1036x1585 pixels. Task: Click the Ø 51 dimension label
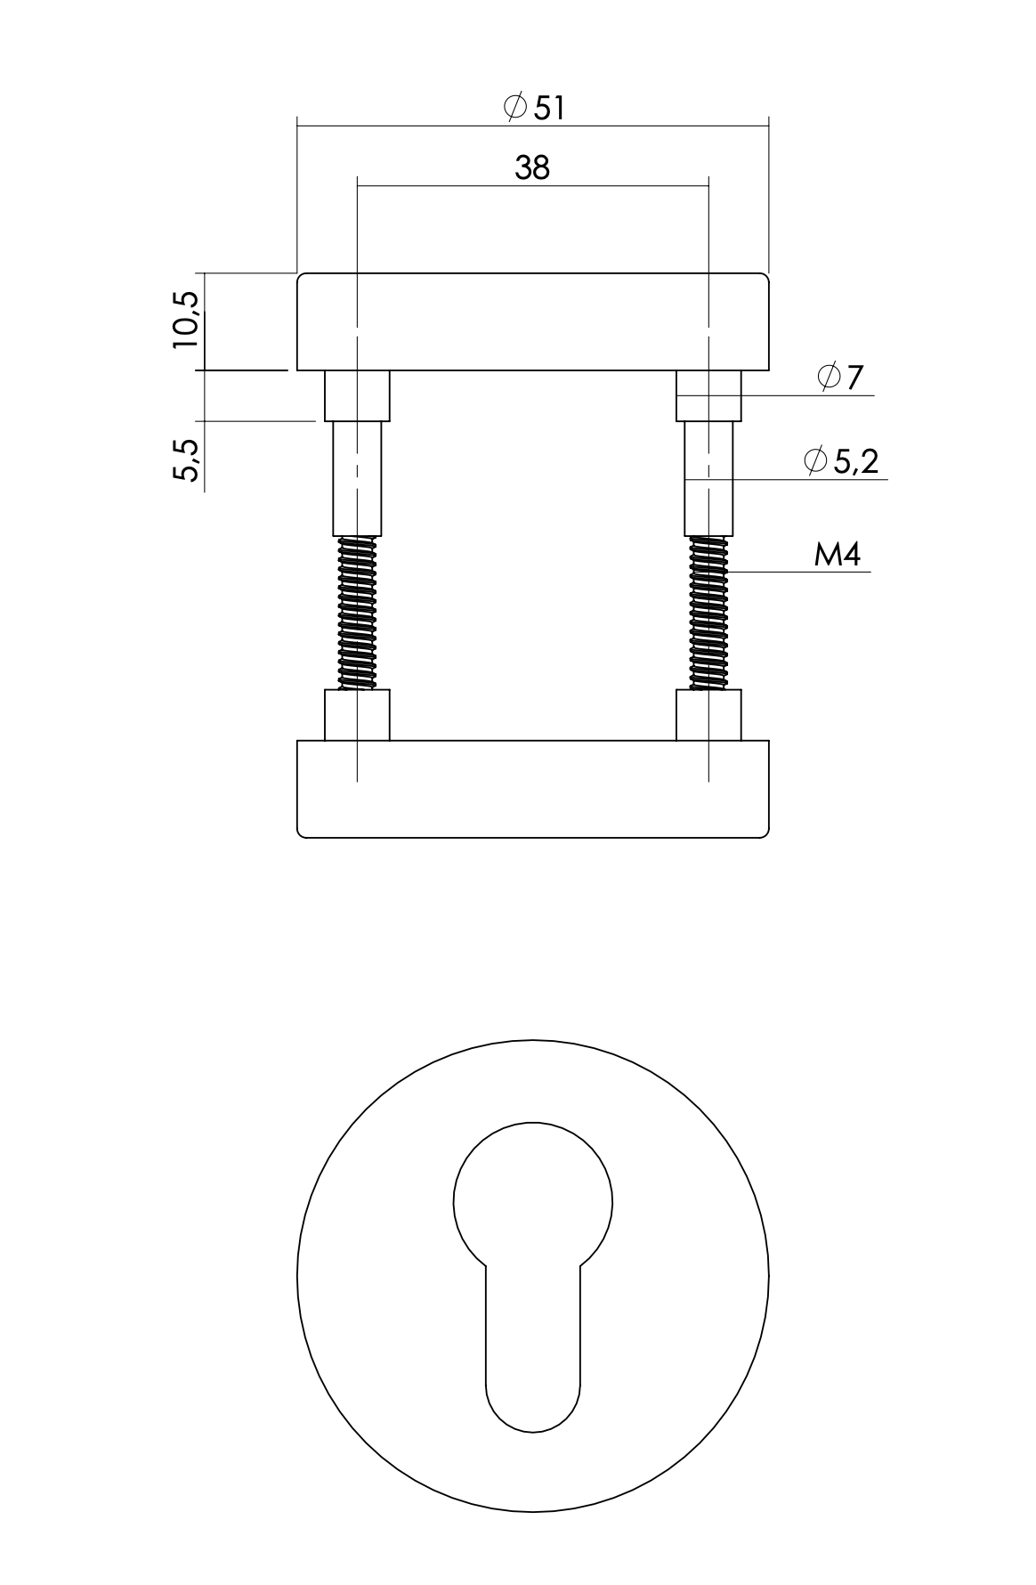tap(534, 108)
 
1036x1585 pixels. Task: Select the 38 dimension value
tap(532, 167)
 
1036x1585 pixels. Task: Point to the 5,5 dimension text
tap(187, 459)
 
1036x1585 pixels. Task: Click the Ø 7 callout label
tap(840, 378)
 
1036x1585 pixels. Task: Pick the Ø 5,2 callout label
tap(840, 461)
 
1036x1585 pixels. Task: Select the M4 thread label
tap(837, 556)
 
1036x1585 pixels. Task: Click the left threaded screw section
tap(357, 613)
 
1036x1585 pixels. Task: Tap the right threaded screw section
tap(709, 613)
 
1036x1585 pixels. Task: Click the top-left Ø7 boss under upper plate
tap(357, 395)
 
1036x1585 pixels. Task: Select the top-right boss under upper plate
tap(709, 395)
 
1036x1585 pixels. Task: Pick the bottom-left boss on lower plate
tap(357, 715)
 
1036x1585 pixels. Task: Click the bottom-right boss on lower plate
tap(709, 715)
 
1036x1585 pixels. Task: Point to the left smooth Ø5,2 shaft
tap(357, 478)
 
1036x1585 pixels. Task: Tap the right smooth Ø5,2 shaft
tap(709, 478)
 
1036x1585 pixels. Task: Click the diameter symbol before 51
tap(514, 108)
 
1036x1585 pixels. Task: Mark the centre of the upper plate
tap(532, 321)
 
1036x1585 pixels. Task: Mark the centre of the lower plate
tap(532, 789)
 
